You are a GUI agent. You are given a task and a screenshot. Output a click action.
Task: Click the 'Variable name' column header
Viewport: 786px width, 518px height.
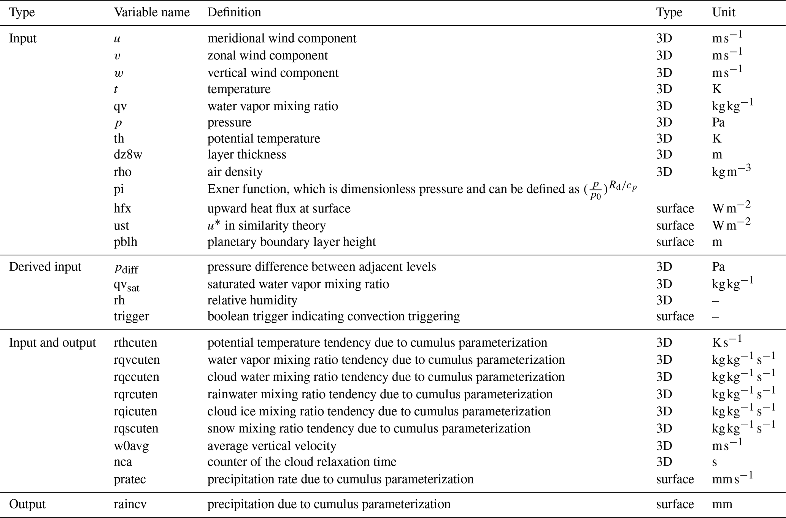[151, 13]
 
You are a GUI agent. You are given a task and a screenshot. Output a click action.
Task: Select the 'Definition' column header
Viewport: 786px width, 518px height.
[234, 13]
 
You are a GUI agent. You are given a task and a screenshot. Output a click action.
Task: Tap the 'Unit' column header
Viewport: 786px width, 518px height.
[723, 13]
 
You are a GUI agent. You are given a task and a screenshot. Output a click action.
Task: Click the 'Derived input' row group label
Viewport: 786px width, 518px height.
[45, 267]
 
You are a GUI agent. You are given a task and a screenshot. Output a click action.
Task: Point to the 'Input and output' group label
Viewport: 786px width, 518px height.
[52, 343]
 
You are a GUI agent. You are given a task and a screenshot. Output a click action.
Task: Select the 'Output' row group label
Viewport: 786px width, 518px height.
[27, 504]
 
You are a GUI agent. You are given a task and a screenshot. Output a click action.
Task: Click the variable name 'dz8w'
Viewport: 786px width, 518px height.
[128, 155]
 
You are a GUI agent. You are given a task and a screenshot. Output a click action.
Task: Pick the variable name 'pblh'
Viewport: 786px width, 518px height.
[125, 242]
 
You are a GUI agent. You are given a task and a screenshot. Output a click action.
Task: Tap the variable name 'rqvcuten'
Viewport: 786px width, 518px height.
[137, 360]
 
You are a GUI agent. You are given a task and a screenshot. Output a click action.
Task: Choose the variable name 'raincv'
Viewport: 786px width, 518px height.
[130, 504]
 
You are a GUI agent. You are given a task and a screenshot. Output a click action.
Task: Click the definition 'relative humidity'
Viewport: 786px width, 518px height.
[252, 301]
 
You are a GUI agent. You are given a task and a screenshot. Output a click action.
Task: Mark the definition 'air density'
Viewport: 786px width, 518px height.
[235, 172]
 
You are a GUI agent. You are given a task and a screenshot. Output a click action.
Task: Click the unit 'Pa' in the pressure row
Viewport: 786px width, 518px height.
[718, 122]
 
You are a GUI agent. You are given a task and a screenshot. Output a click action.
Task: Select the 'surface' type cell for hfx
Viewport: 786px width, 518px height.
[675, 209]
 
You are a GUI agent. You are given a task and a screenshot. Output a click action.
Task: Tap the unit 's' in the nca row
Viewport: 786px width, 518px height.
[715, 462]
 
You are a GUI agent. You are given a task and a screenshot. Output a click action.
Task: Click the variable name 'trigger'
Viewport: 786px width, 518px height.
[131, 317]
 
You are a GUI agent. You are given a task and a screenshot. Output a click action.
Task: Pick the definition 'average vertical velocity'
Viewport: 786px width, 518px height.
[272, 446]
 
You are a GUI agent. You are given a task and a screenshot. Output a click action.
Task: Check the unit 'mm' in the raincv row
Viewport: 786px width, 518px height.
[722, 504]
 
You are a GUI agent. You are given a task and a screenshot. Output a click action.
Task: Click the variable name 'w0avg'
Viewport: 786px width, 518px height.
[131, 446]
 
